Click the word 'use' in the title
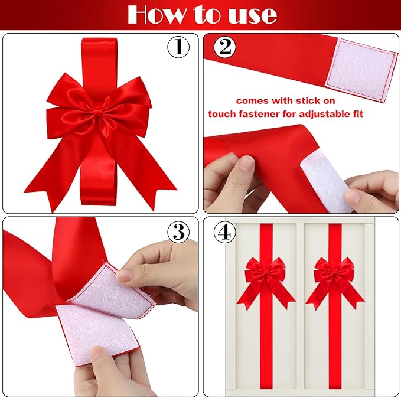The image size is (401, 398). (255, 14)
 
